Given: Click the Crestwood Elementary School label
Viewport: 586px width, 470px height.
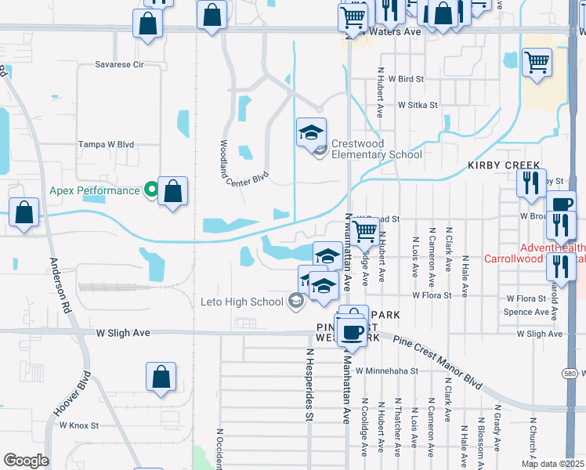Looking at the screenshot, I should click(x=377, y=149).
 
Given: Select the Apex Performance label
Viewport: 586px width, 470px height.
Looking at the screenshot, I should click(x=94, y=190).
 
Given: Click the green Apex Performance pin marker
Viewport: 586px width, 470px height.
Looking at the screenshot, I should click(x=151, y=190).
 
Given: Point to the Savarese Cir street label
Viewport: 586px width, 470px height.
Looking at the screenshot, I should click(x=119, y=65).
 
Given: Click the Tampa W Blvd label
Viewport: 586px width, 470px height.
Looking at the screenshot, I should click(x=106, y=145).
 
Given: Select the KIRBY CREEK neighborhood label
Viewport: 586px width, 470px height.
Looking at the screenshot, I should click(x=504, y=166).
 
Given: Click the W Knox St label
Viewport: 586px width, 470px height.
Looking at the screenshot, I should click(x=78, y=425).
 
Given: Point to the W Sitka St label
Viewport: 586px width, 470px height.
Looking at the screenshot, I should click(x=417, y=104).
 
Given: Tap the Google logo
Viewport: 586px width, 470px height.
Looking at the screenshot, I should click(x=26, y=461).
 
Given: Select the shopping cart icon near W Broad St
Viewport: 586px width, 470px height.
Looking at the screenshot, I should click(x=364, y=230).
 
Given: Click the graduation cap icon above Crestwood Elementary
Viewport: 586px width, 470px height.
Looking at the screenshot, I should click(x=311, y=131).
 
